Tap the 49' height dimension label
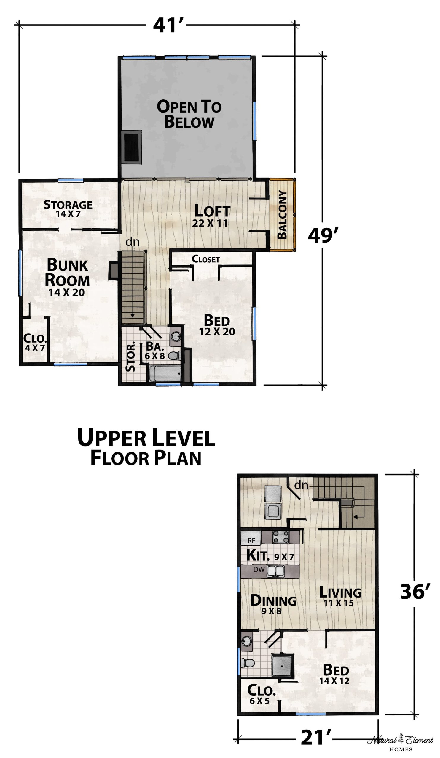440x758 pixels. click(323, 235)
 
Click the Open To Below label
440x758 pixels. click(189, 114)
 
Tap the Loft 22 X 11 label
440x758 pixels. click(212, 215)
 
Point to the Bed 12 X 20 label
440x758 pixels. click(217, 325)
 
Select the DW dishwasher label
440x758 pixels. click(259, 569)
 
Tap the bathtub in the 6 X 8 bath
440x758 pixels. click(165, 374)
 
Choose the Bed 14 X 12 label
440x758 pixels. click(335, 675)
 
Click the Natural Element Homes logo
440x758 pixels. click(400, 740)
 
